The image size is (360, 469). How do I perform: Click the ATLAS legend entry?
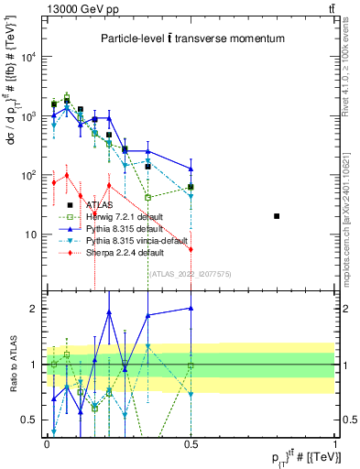(99, 205)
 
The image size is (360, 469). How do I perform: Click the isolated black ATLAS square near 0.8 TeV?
(278, 216)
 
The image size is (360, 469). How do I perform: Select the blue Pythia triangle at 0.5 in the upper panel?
(191, 169)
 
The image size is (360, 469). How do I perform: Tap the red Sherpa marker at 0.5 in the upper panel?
(191, 249)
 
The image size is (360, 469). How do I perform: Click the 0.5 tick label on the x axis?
(191, 442)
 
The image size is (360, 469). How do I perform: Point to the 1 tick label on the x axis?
(334, 442)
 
